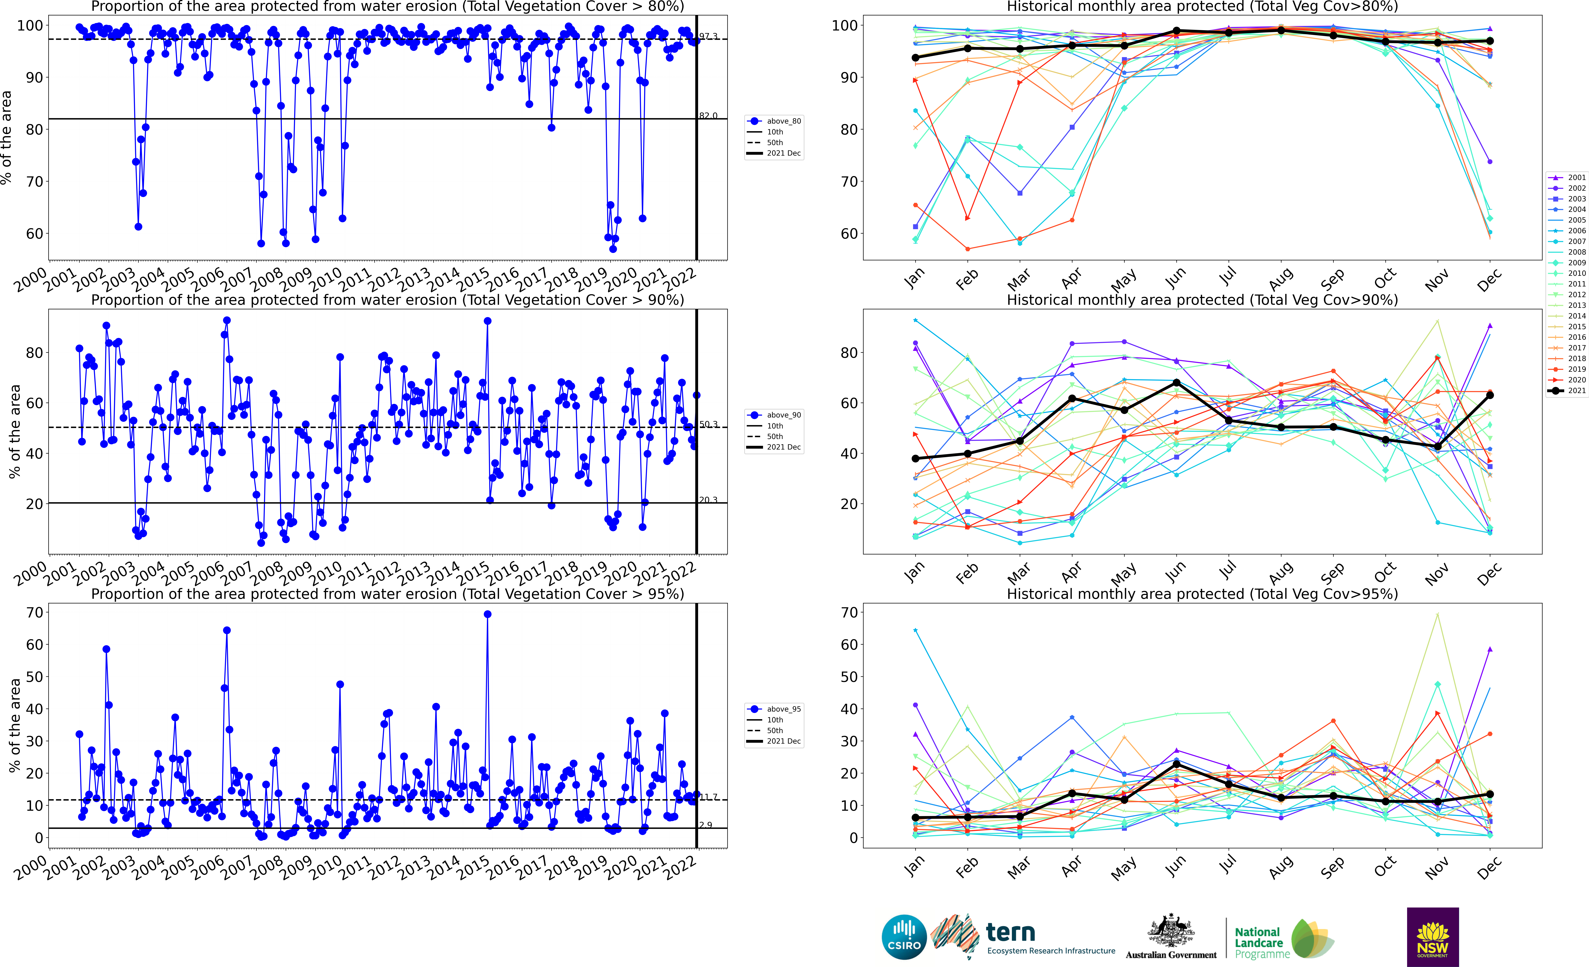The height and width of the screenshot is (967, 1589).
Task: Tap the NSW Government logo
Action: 1432,937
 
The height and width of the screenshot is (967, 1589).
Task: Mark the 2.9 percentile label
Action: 706,824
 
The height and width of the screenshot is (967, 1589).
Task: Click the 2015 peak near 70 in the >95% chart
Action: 488,614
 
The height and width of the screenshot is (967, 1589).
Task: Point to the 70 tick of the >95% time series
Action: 35,612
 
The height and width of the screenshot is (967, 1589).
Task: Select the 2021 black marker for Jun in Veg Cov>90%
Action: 1176,383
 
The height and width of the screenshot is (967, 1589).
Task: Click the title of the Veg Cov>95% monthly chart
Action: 1202,594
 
